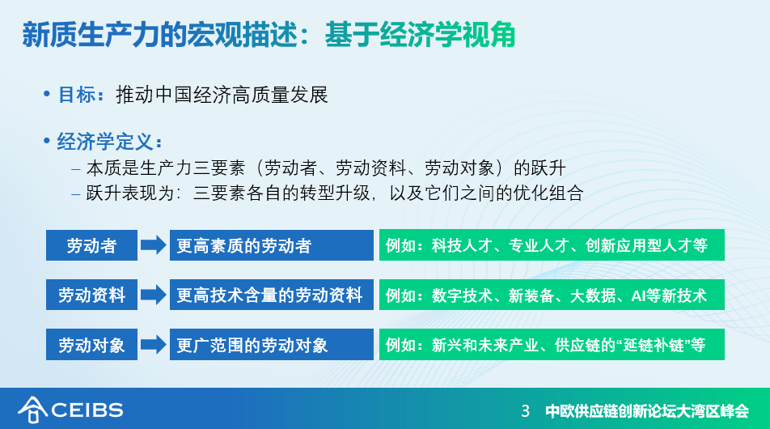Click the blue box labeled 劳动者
click(92, 245)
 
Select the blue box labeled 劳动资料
click(92, 295)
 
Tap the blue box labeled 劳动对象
click(92, 345)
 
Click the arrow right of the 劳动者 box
click(154, 244)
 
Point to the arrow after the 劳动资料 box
click(154, 295)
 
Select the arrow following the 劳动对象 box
click(154, 345)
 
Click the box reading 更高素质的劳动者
click(272, 245)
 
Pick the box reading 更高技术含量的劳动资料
click(272, 295)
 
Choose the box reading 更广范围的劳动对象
click(272, 345)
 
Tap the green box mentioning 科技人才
click(552, 244)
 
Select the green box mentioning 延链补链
click(552, 345)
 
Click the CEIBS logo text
click(87, 410)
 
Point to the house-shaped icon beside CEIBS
click(32, 410)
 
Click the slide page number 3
click(526, 411)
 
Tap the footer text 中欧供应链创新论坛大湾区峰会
click(647, 411)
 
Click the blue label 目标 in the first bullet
click(77, 95)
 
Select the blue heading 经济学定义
click(105, 142)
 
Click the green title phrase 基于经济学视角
click(420, 34)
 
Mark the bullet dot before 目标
click(47, 93)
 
